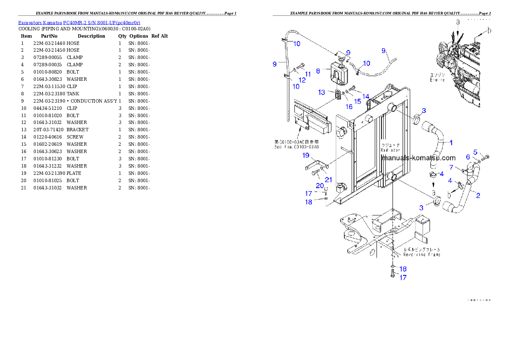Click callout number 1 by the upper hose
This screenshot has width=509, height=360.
(x=451, y=142)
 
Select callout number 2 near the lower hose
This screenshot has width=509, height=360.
(x=478, y=196)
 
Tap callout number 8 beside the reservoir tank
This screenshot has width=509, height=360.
(x=318, y=71)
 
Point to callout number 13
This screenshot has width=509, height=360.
(x=322, y=92)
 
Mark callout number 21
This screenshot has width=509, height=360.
(x=328, y=179)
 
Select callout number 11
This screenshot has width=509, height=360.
(x=308, y=74)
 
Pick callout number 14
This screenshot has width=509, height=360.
(x=366, y=96)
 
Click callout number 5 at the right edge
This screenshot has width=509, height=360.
(x=475, y=152)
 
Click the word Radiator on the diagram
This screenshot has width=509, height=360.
(x=391, y=150)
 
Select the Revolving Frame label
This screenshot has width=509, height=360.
(x=422, y=254)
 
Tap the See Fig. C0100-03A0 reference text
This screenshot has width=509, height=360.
(x=296, y=147)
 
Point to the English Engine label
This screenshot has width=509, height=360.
(x=437, y=80)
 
